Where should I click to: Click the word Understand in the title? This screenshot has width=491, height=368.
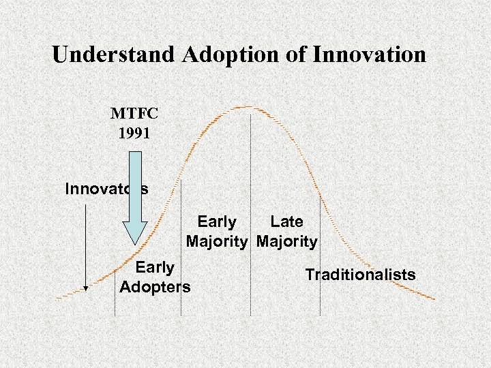click(x=113, y=55)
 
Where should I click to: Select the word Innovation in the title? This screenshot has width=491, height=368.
click(x=368, y=55)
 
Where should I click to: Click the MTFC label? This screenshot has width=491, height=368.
click(x=134, y=114)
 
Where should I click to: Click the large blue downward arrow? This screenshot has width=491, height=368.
click(x=135, y=198)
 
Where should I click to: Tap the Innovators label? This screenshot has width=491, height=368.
click(x=106, y=189)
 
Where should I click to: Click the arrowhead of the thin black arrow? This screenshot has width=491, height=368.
click(x=86, y=288)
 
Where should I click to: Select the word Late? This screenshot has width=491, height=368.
click(x=286, y=221)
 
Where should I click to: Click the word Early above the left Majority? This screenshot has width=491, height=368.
click(x=217, y=221)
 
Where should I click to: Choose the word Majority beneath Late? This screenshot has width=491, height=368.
click(x=286, y=241)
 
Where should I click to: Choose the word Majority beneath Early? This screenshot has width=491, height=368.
click(x=217, y=241)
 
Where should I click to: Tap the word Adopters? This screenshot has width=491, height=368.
click(x=155, y=286)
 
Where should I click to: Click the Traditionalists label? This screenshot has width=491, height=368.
click(x=360, y=275)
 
